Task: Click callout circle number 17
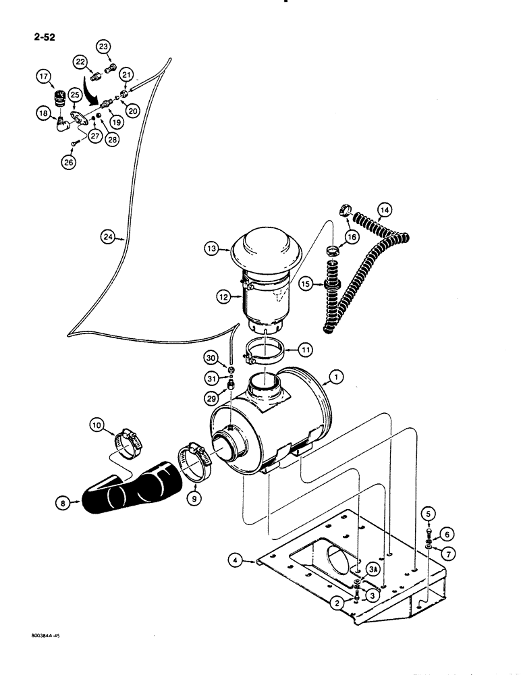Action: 46,78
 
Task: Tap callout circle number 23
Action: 103,47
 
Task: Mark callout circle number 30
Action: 212,357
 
